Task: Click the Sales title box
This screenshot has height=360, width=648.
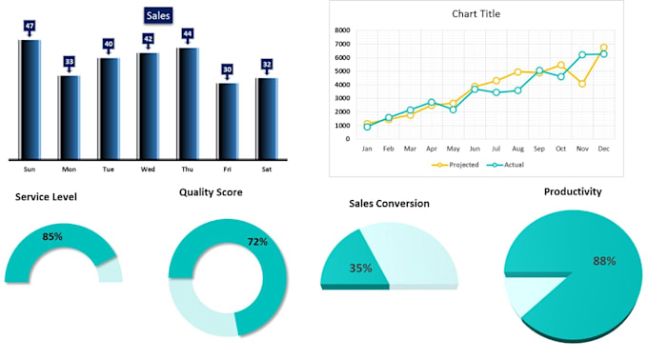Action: click(158, 15)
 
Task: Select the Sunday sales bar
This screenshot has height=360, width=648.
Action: click(30, 99)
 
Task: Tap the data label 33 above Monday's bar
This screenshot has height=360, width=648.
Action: click(69, 62)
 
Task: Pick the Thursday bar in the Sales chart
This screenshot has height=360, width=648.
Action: click(188, 104)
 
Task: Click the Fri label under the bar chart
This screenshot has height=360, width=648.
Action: click(228, 170)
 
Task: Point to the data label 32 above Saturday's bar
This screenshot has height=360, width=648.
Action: click(267, 65)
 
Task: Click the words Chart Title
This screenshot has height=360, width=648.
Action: click(476, 14)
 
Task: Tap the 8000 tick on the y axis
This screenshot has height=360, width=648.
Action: click(342, 30)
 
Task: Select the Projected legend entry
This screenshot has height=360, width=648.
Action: click(455, 165)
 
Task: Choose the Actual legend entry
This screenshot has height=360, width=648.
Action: click(505, 165)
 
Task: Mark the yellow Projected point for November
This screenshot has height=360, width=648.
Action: click(582, 84)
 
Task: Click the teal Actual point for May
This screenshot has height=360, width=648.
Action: click(453, 110)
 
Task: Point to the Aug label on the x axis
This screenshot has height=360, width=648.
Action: click(517, 149)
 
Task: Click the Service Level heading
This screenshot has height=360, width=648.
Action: click(46, 197)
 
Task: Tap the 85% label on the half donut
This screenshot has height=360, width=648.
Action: click(52, 236)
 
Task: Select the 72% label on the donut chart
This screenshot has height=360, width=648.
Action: click(257, 242)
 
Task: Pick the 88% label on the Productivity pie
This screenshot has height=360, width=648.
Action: click(604, 261)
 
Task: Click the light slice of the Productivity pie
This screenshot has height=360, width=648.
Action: click(528, 293)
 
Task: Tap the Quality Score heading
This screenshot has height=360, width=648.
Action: click(211, 192)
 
